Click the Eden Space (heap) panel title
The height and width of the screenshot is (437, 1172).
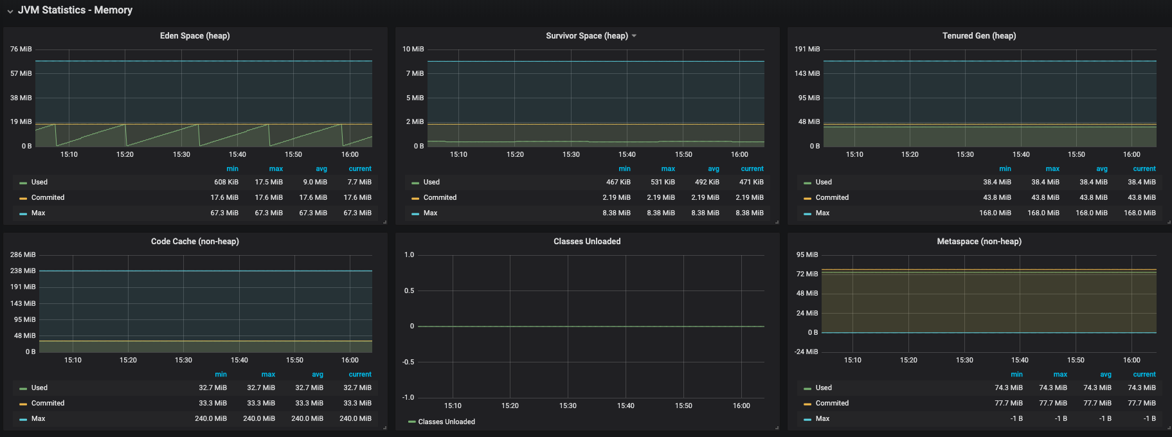195,36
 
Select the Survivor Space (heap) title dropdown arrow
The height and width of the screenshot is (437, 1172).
634,36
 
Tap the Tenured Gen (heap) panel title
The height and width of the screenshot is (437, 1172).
979,36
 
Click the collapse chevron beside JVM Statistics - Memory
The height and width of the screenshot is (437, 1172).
10,11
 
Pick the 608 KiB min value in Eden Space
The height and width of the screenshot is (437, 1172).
226,182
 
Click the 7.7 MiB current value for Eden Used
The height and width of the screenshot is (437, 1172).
360,182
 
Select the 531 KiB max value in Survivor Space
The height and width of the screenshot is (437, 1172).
663,182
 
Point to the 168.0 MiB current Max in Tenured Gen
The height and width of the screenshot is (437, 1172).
1140,213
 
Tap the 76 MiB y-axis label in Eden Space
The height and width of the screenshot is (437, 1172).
21,49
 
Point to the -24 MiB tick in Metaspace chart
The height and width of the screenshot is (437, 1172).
806,352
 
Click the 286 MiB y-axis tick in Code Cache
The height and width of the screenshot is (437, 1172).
23,254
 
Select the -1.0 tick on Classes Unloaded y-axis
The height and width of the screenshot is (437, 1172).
408,397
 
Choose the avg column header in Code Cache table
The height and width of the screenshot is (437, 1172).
318,375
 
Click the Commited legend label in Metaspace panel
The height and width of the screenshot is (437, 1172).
832,403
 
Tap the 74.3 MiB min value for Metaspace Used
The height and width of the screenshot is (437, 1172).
1009,388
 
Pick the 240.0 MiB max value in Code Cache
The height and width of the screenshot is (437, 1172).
259,418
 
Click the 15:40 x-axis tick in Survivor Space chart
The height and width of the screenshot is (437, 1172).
627,154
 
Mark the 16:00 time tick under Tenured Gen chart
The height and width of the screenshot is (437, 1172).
1131,154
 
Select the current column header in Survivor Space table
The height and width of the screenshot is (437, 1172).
752,169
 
